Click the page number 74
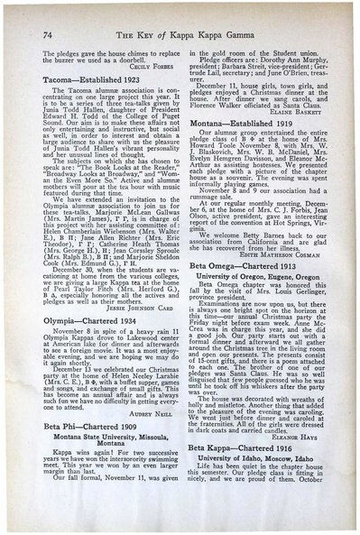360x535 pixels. point(46,33)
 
